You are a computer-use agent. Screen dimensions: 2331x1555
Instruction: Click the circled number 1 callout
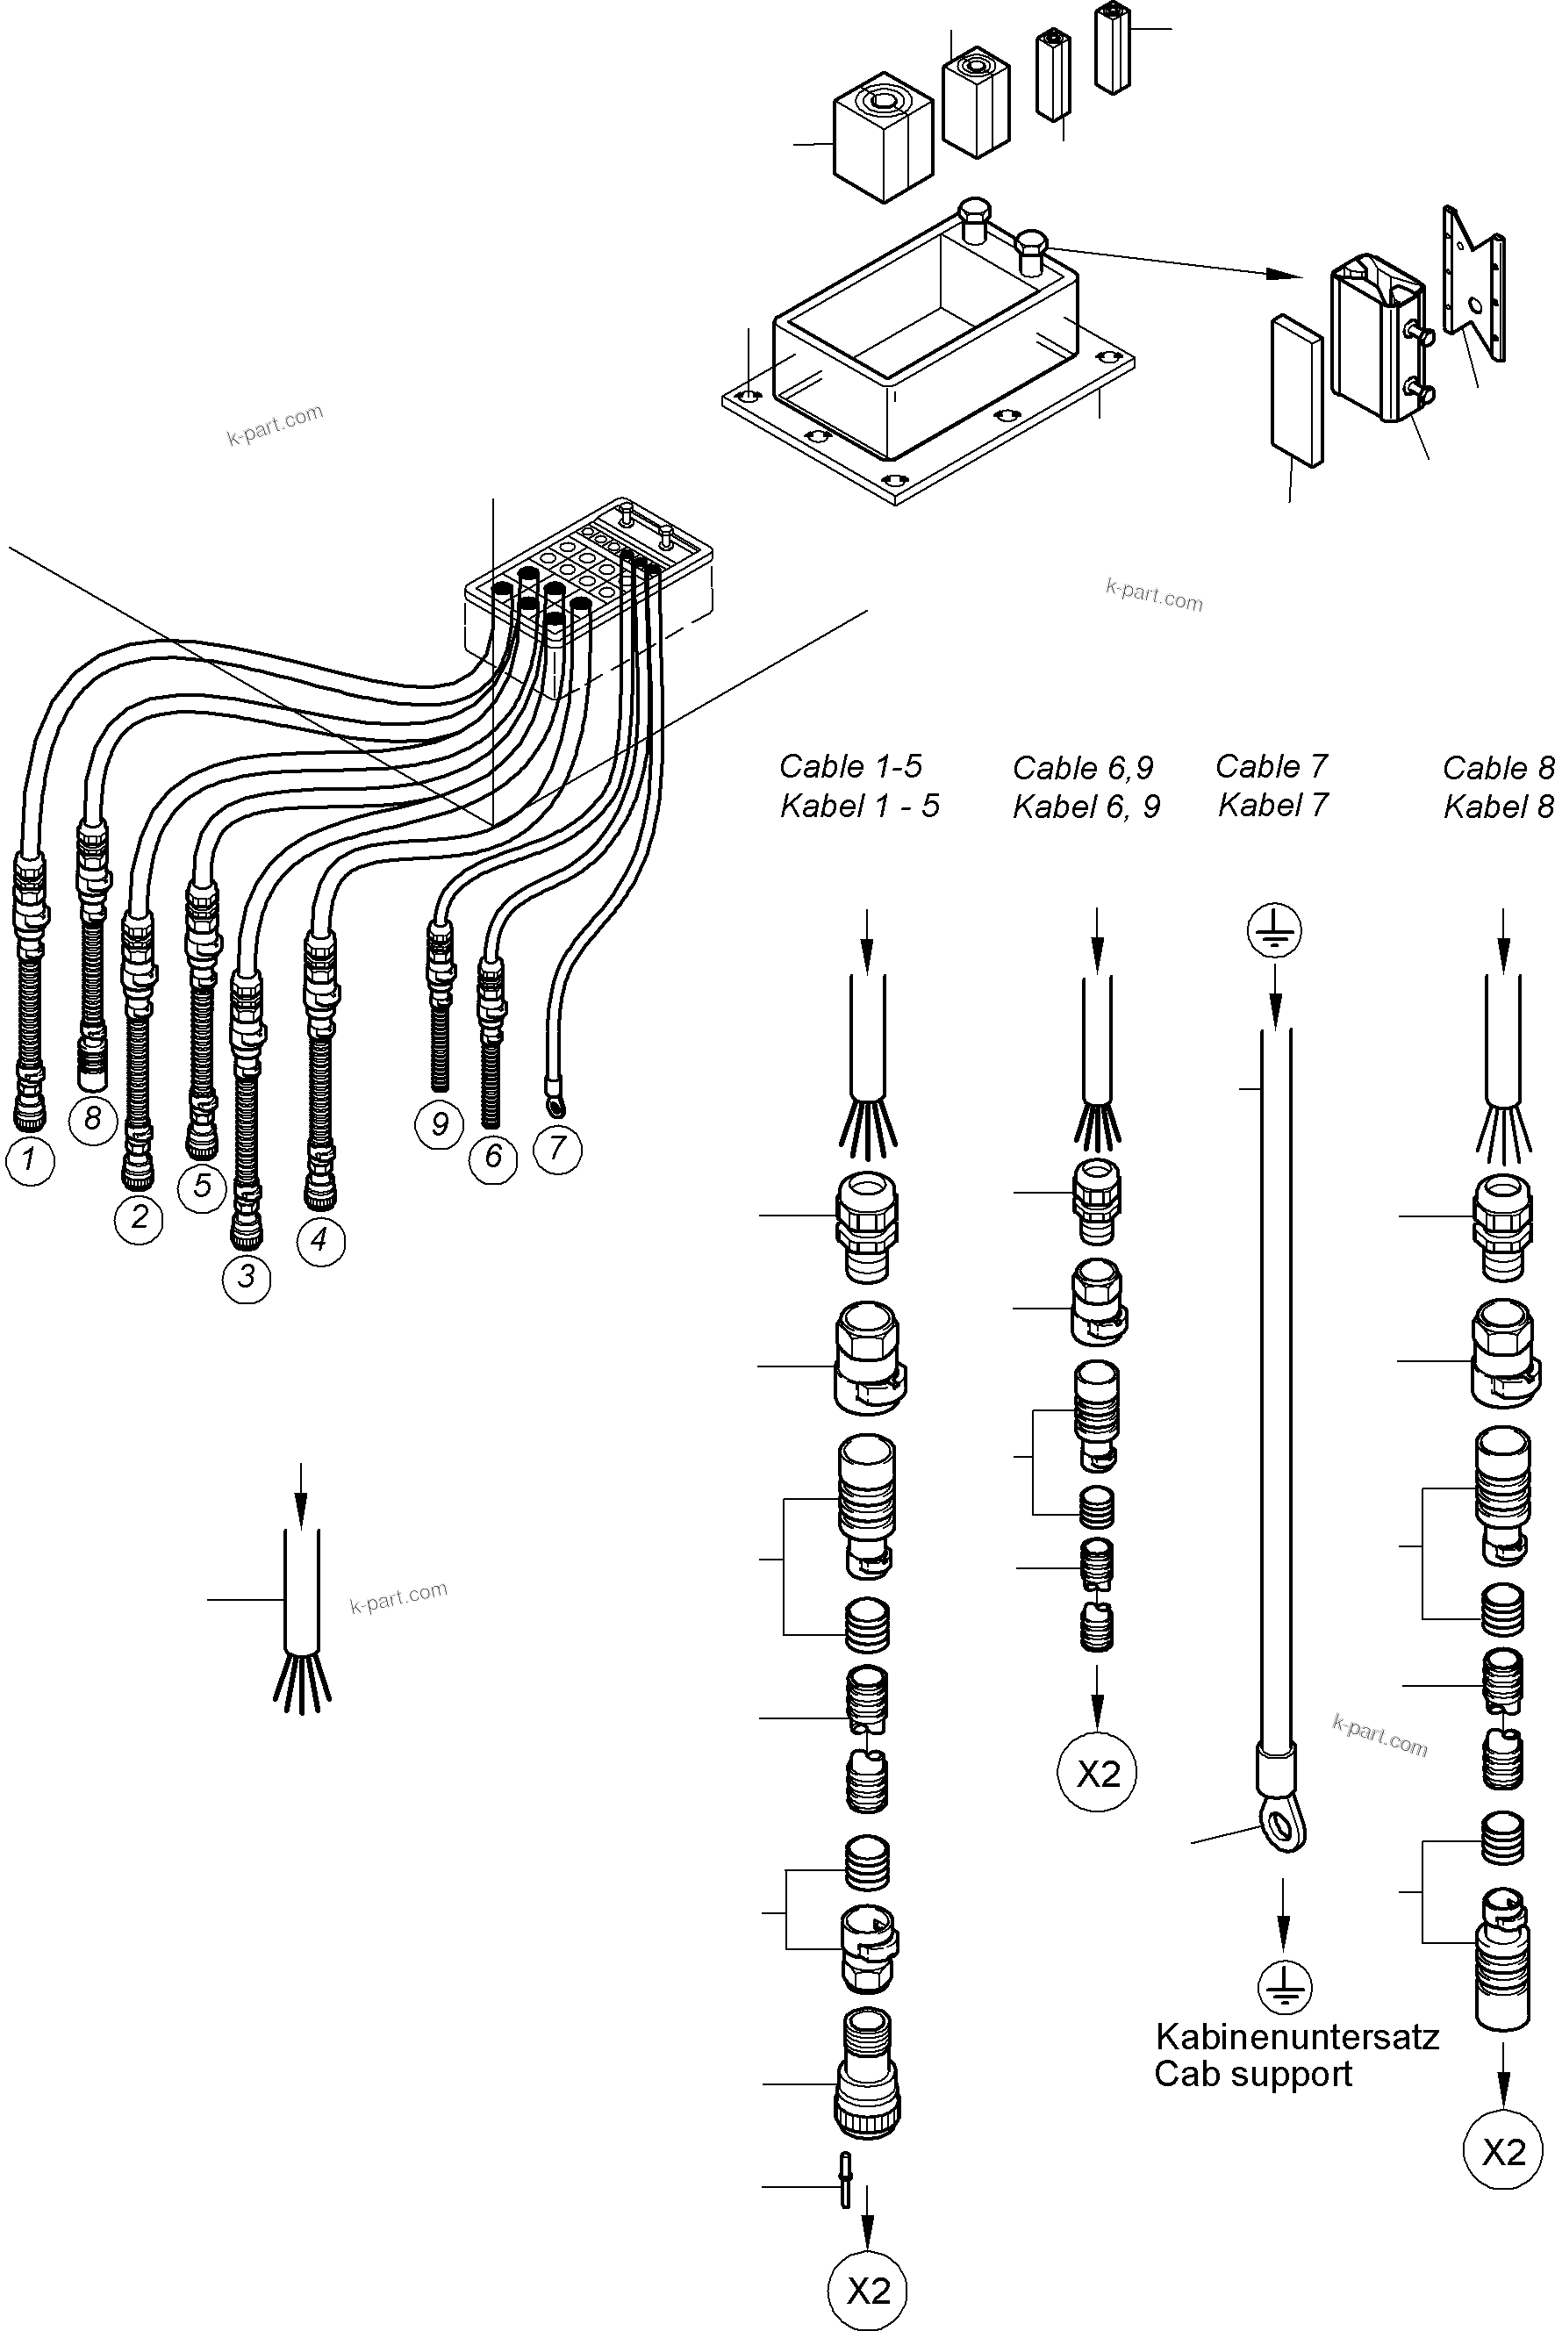30,1159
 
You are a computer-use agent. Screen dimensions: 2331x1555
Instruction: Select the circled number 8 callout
93,1119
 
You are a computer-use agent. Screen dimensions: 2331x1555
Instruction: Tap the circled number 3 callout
246,1277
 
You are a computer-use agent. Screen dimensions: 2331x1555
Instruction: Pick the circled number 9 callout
440,1124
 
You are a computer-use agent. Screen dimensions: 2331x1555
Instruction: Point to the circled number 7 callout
557,1149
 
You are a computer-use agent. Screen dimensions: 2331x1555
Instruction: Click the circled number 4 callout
320,1240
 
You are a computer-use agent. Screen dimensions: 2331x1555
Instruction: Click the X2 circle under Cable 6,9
1097,1773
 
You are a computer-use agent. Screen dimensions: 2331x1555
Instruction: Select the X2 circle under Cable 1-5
868,2292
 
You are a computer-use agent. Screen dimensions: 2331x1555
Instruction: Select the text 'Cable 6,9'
1083,768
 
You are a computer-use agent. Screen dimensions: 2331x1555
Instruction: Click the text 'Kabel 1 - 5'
859,807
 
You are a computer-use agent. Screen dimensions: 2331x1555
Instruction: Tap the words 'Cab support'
1252,2074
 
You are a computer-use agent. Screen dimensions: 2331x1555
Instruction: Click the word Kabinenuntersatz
1297,2037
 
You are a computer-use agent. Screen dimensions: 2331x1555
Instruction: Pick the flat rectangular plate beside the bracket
1296,391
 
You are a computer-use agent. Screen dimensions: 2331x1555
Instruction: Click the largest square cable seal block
883,137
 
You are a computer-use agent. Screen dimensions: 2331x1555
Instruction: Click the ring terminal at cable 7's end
548,1099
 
